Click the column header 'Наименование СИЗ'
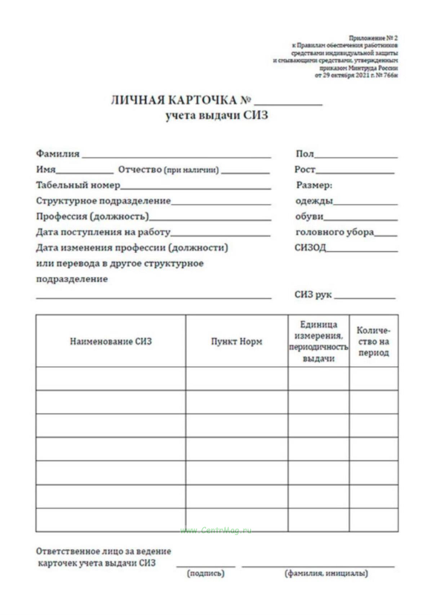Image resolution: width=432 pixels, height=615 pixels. [111, 341]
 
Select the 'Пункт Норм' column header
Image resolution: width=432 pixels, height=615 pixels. [237, 341]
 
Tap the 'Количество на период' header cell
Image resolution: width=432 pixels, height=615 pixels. [374, 341]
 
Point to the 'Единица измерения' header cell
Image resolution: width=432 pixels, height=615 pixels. [319, 341]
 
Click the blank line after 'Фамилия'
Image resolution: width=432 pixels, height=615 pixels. [176, 156]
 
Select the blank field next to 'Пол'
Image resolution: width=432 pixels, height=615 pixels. [356, 156]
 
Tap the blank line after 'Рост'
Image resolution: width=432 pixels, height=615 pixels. [355, 171]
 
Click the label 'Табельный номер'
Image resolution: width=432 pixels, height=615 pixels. [78, 185]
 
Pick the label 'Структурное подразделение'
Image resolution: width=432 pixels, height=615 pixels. [103, 201]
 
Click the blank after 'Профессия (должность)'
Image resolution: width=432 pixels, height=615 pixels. [210, 218]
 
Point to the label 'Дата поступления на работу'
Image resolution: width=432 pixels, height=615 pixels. [103, 232]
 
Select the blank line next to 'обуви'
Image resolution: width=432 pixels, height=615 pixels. [360, 218]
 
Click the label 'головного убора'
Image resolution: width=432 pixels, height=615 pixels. [335, 232]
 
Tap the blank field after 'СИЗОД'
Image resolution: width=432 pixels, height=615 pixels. [362, 249]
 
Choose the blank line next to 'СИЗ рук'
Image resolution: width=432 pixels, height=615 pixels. [365, 296]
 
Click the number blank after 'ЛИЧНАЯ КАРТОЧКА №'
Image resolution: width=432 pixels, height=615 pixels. [288, 103]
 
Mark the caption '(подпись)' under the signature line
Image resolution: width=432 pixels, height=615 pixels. [206, 573]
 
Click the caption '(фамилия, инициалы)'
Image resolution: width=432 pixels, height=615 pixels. [326, 573]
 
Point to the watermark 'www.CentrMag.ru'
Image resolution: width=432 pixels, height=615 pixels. [216, 530]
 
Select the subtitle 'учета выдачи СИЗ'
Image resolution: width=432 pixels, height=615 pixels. [217, 116]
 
